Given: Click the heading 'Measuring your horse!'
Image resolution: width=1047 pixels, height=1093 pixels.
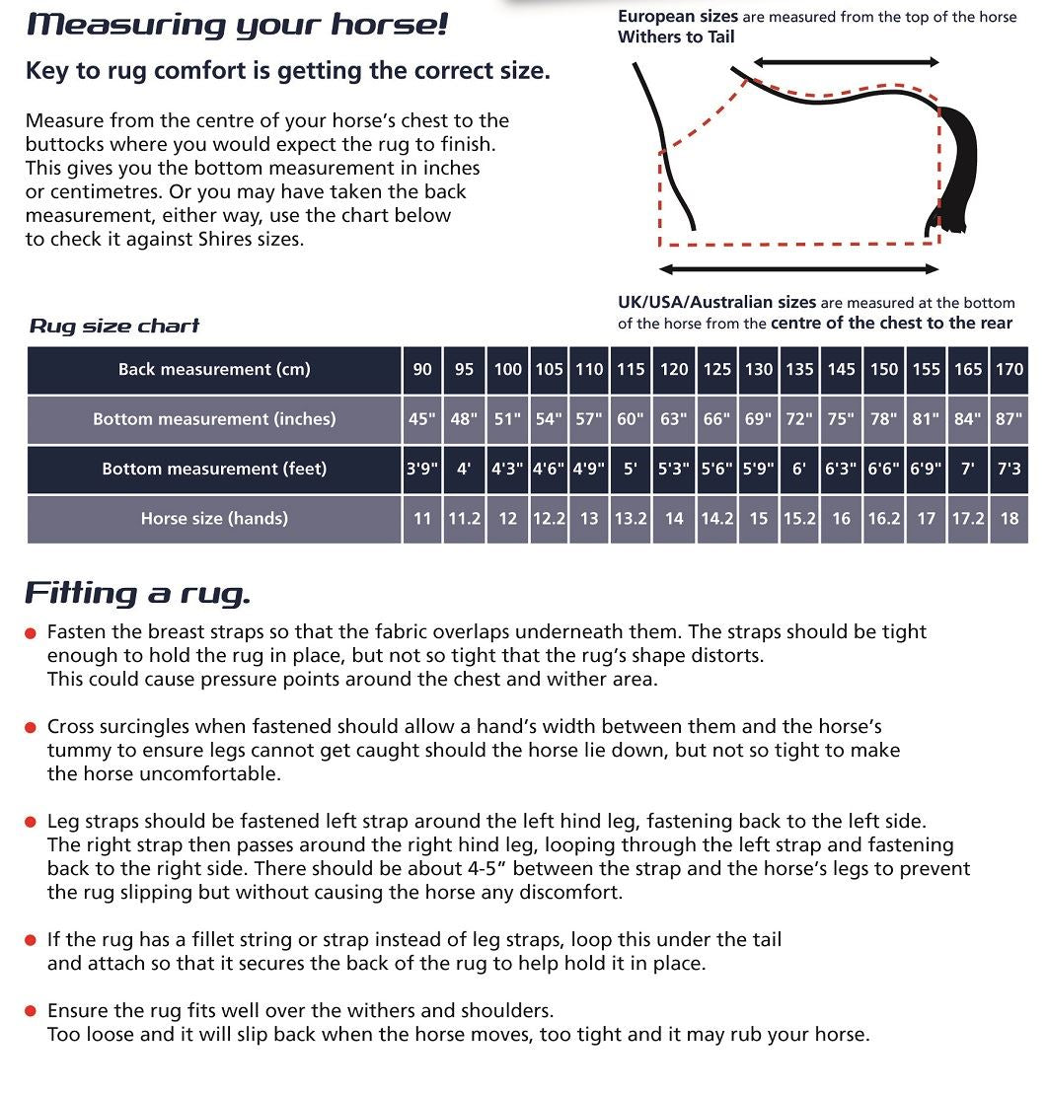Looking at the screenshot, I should click(x=237, y=24).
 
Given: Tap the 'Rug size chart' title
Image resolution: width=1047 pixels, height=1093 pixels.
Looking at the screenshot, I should click(x=114, y=327).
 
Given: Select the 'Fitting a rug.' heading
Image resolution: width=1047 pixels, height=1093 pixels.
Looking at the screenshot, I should click(x=137, y=593).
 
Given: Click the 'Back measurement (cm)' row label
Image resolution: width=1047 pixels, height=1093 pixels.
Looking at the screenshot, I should click(x=214, y=370).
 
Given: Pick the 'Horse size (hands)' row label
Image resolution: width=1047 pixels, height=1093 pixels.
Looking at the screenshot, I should click(x=214, y=518).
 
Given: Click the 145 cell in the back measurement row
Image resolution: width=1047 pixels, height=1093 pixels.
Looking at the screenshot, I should click(x=842, y=370).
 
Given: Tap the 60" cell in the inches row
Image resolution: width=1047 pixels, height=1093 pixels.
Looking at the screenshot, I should click(x=631, y=419).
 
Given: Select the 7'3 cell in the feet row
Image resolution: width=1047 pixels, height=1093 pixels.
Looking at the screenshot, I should click(x=1009, y=469).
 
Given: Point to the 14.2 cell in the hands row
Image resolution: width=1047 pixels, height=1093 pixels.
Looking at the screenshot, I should click(x=717, y=518).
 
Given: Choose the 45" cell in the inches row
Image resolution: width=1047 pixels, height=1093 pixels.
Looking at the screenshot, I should click(x=422, y=419).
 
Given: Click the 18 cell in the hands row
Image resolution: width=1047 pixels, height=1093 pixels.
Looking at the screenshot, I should click(x=1009, y=518).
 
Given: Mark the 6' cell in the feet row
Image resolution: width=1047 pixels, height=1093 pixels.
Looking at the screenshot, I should click(x=799, y=469).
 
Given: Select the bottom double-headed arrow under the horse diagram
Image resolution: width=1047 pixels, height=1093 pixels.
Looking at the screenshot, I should click(x=798, y=269).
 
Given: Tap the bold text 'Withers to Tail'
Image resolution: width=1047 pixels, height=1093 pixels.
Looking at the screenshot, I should click(x=676, y=37).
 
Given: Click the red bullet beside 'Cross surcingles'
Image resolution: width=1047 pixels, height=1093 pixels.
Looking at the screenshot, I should click(x=31, y=728).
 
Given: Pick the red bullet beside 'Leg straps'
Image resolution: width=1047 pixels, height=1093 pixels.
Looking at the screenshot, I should click(x=31, y=823).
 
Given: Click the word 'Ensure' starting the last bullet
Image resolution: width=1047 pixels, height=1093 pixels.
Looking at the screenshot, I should click(x=78, y=1011).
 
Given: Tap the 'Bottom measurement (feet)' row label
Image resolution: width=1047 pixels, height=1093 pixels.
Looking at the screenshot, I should click(x=214, y=469).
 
